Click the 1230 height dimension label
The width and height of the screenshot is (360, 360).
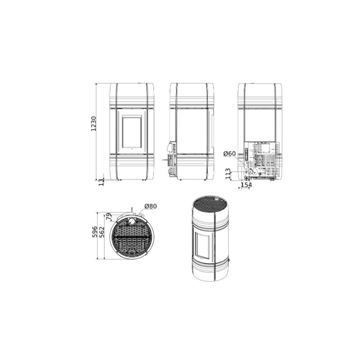94,124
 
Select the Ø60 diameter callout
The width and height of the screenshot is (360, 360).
229,154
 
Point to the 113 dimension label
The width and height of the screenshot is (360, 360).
228,173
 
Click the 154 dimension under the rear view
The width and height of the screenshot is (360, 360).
246,185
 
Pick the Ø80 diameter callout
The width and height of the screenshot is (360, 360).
150,207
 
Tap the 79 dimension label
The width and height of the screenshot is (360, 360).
108,217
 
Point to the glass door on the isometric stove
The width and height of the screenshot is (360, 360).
205,241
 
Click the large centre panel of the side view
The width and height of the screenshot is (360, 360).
192,130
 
